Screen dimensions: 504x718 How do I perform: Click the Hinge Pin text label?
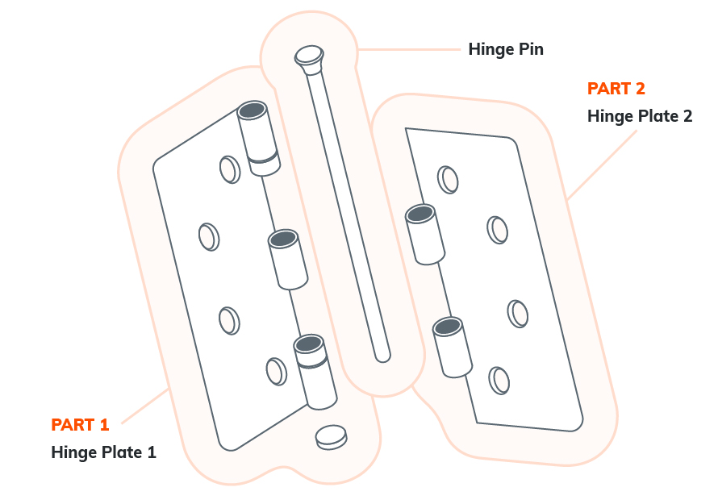pyautogui.click(x=506, y=49)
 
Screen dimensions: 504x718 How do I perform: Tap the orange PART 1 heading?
pyautogui.click(x=80, y=425)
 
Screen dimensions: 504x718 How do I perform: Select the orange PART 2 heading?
pyautogui.click(x=616, y=89)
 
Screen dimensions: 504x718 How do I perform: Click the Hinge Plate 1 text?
pyautogui.click(x=103, y=452)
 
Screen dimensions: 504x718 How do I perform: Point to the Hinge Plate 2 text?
pyautogui.click(x=640, y=116)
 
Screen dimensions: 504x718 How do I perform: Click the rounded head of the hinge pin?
pyautogui.click(x=308, y=56)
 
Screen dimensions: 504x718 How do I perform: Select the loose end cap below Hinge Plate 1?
pyautogui.click(x=331, y=435)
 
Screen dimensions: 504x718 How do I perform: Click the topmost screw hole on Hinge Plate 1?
pyautogui.click(x=229, y=169)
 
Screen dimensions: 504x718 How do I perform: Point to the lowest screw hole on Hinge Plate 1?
pyautogui.click(x=276, y=372)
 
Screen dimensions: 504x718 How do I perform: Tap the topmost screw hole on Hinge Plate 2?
pyautogui.click(x=448, y=179)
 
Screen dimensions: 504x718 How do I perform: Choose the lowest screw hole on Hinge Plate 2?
pyautogui.click(x=499, y=379)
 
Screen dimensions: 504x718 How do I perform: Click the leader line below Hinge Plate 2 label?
pyautogui.click(x=601, y=165)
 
